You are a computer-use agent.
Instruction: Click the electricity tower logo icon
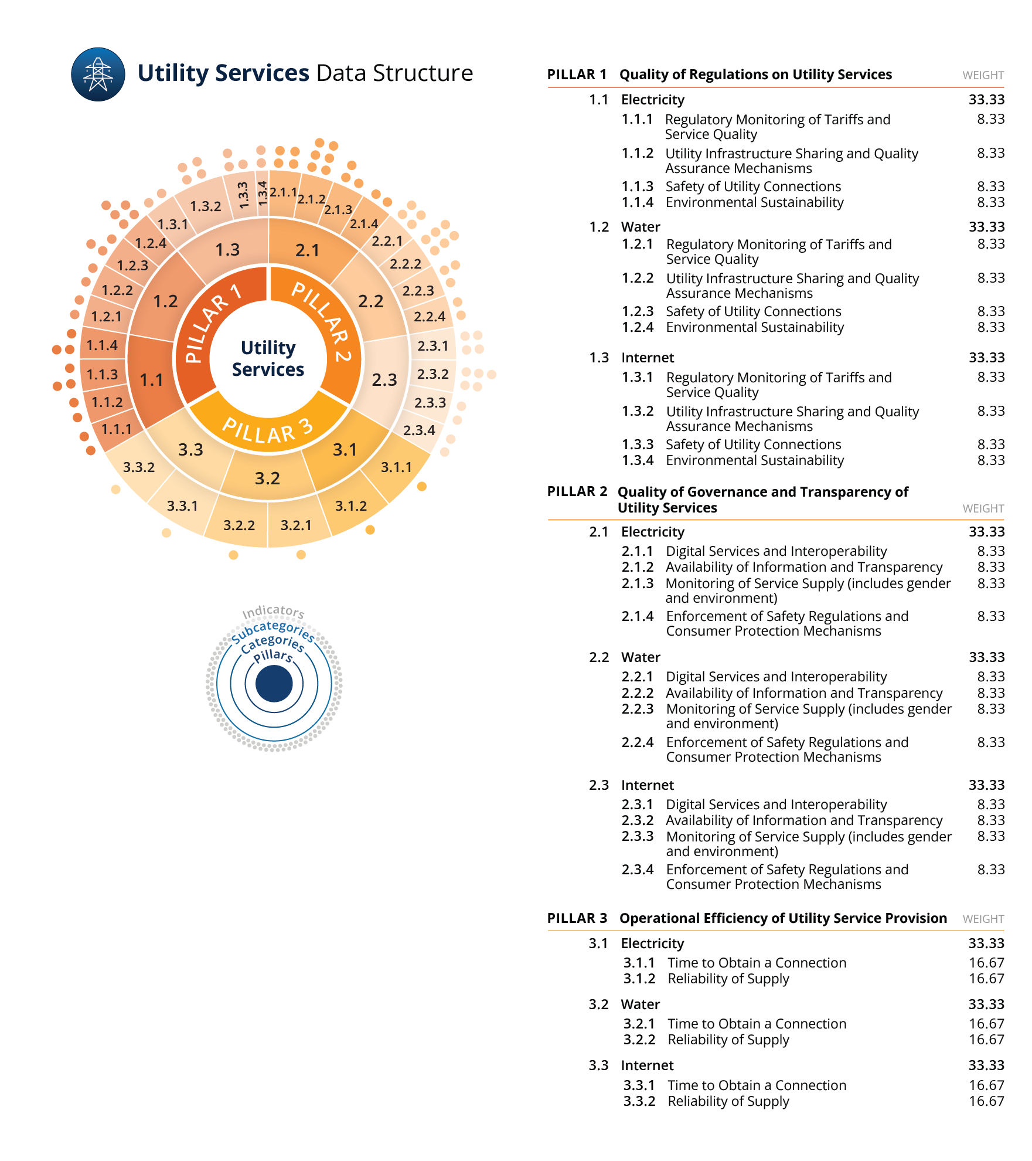click(98, 74)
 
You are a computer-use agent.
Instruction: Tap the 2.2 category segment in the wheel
click(371, 301)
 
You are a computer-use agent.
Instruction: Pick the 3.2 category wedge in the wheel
click(267, 478)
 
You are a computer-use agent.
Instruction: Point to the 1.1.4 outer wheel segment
click(102, 345)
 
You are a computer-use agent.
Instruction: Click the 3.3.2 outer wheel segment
click(139, 467)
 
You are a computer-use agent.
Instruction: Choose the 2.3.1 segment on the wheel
click(432, 346)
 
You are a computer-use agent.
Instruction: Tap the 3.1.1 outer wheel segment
click(396, 467)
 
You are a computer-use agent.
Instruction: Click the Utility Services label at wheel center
click(268, 358)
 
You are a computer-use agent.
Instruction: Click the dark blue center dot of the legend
click(274, 684)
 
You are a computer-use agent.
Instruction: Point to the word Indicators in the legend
click(273, 612)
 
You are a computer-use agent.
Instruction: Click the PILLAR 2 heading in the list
click(577, 491)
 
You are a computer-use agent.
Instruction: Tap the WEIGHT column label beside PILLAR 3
click(983, 919)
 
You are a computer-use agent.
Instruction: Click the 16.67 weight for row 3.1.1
click(986, 963)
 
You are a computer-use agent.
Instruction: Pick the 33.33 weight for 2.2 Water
click(986, 657)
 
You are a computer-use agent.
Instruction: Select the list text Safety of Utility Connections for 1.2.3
click(753, 311)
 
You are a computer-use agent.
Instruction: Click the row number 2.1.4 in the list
click(638, 616)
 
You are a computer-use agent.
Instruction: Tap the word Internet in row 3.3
click(647, 1065)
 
